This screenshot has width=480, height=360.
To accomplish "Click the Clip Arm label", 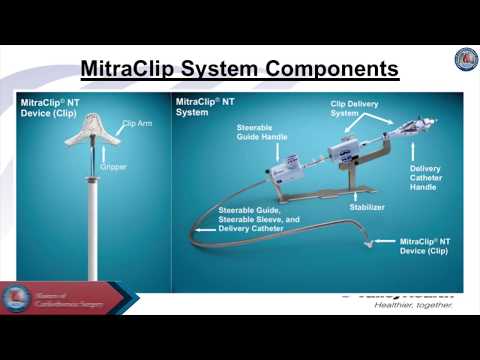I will click(136, 123).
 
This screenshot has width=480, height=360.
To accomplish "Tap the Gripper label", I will click(113, 166).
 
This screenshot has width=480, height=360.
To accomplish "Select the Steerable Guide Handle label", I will click(261, 134).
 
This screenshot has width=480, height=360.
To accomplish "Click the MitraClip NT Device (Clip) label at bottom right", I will click(429, 247).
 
